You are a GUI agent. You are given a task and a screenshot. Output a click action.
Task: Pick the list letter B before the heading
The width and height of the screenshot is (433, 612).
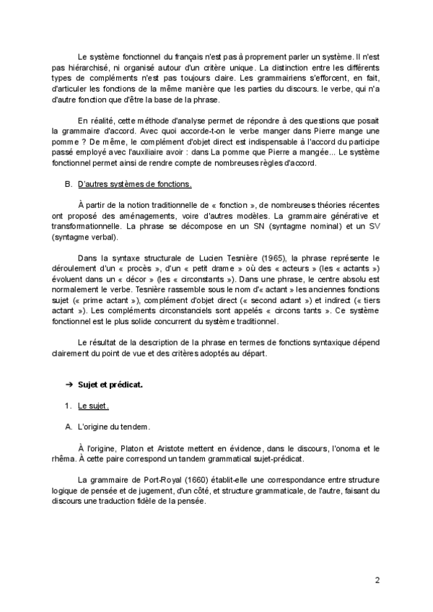coord(68,184)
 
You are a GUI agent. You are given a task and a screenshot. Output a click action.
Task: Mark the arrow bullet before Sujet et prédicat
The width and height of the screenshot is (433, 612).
coord(69,385)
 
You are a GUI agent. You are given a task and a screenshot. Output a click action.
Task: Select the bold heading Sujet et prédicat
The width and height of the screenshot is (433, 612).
coord(110,385)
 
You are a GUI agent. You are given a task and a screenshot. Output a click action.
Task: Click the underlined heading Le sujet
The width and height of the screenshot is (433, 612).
coord(92,406)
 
